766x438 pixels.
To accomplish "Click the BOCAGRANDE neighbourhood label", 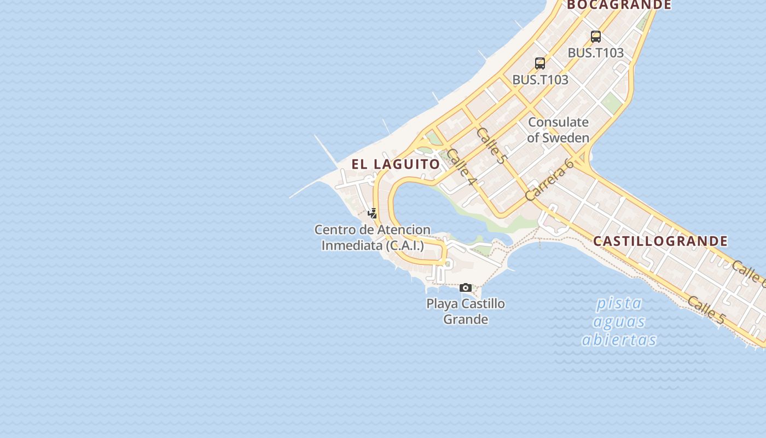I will [619, 5].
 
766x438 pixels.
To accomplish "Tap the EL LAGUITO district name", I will [396, 164].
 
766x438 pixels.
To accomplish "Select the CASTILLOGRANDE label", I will [660, 241].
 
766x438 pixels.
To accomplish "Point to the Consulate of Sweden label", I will [558, 130].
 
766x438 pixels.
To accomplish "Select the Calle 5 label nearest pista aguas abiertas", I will [706, 310].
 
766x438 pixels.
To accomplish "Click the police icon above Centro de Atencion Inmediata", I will [373, 214].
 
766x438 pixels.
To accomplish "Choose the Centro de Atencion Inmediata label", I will [372, 238].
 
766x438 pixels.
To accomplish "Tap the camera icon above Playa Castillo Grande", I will [466, 287].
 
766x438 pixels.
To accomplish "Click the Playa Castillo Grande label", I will [466, 311].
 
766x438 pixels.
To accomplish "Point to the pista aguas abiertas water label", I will [619, 321].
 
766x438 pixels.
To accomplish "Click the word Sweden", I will [565, 138].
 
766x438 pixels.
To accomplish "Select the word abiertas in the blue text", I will [619, 340].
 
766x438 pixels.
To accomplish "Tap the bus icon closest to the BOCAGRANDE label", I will [596, 37].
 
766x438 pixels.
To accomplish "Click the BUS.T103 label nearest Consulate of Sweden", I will [540, 80].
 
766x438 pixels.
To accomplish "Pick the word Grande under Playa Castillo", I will [466, 319].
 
